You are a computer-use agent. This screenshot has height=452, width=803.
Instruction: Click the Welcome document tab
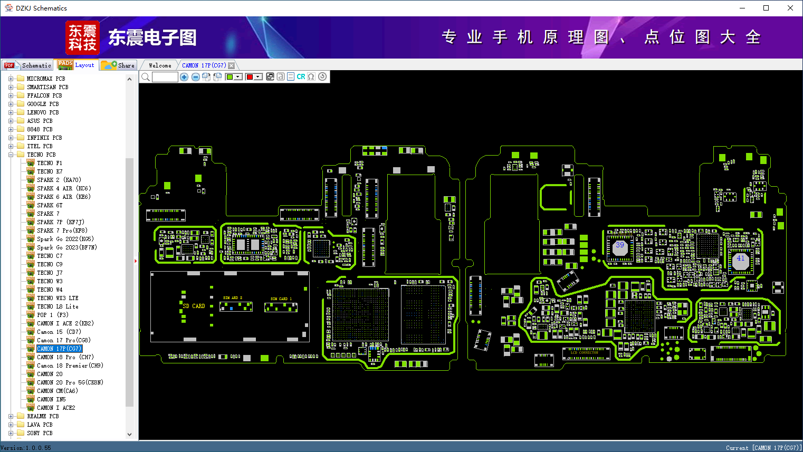point(160,65)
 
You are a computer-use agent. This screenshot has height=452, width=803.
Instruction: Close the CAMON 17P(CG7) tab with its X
point(231,65)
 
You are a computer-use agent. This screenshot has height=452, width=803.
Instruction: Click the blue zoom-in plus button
point(184,77)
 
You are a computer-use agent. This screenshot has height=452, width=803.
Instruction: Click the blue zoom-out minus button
point(195,77)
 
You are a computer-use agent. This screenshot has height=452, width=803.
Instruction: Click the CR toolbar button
point(301,77)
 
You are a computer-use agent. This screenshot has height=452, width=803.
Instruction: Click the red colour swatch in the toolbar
point(250,77)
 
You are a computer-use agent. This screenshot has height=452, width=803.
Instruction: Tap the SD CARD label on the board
point(194,306)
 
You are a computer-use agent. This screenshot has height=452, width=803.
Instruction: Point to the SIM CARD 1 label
point(281,299)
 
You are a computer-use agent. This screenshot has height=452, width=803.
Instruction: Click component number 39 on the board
point(619,245)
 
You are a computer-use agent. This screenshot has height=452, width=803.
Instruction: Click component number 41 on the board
point(740,258)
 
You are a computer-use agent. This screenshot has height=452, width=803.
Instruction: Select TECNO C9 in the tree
point(50,264)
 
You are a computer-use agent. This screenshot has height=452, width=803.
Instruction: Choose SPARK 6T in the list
point(50,205)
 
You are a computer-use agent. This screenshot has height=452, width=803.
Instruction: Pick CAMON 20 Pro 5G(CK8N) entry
point(70,382)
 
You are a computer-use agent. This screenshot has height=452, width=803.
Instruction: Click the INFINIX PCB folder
point(44,138)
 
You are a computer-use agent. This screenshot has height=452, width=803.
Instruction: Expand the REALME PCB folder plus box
point(11,416)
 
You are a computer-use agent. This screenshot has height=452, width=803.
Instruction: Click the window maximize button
point(766,8)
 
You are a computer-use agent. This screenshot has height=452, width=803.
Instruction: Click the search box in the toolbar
point(165,77)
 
